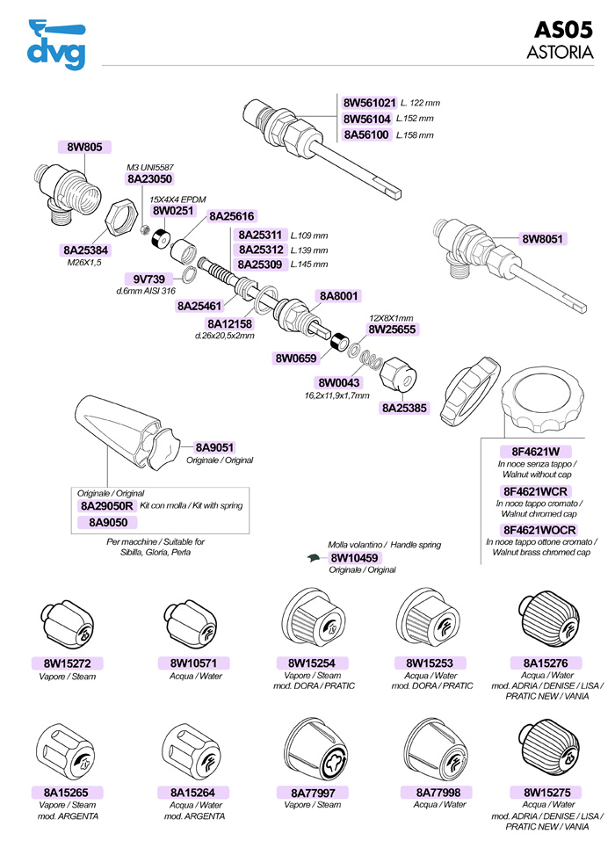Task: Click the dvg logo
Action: pos(57,45)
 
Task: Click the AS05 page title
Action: pos(563,30)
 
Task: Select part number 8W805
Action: pos(85,147)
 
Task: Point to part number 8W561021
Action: pos(370,102)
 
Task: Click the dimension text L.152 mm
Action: pos(415,119)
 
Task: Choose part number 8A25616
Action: pos(232,216)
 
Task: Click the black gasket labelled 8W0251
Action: pos(160,238)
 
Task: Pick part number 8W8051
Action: pos(542,239)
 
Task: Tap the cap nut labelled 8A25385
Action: pos(398,374)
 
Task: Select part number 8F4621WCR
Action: pos(535,491)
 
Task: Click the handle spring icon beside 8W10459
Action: pos(315,558)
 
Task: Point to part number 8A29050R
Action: pos(106,505)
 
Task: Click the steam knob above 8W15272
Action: pos(67,625)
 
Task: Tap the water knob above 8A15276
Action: pos(547,622)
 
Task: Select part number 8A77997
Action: pos(313,793)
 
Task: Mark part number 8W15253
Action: pos(430,663)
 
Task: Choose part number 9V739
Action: pos(148,279)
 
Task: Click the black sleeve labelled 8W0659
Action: pos(340,343)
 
